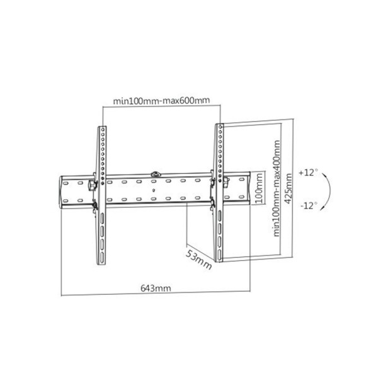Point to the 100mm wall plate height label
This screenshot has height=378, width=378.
pos(259,187)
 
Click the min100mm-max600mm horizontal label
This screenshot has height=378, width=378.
pos(161,100)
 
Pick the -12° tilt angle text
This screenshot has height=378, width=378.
pos(309,205)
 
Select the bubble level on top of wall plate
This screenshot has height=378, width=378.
pos(155,171)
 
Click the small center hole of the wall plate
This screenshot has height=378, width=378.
pos(154,188)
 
